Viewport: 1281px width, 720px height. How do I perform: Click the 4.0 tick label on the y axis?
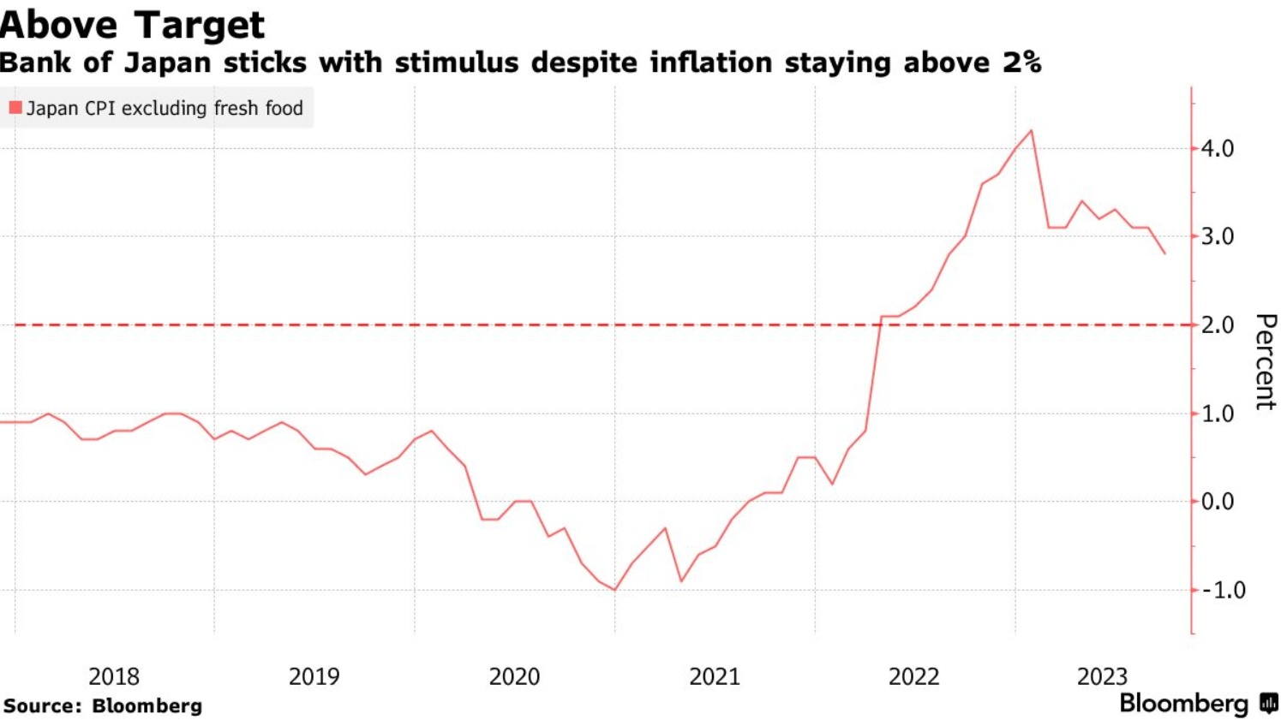click(x=1217, y=149)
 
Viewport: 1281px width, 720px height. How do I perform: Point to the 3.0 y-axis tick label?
click(x=1217, y=237)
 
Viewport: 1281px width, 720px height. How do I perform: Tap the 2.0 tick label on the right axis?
click(x=1217, y=325)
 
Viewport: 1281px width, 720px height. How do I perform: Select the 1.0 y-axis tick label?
click(x=1217, y=414)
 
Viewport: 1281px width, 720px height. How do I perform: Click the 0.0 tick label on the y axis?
click(x=1217, y=502)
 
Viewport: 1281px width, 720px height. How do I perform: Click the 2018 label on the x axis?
click(x=114, y=676)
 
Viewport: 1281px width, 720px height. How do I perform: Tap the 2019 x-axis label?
click(x=314, y=676)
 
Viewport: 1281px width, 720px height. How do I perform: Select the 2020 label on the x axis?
click(x=514, y=676)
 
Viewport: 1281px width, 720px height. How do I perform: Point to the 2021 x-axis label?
click(x=715, y=676)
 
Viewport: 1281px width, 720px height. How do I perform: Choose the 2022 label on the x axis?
click(x=913, y=676)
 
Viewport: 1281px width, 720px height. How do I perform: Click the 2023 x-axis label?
click(x=1102, y=676)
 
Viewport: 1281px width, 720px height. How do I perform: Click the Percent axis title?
click(x=1265, y=361)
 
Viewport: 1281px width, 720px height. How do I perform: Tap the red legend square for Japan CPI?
click(x=15, y=108)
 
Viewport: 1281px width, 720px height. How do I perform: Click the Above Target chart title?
click(x=133, y=24)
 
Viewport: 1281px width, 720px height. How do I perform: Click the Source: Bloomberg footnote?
click(x=103, y=706)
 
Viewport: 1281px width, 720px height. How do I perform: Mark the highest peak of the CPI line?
click(x=1031, y=131)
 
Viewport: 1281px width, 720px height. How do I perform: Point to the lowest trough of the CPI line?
click(x=614, y=590)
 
